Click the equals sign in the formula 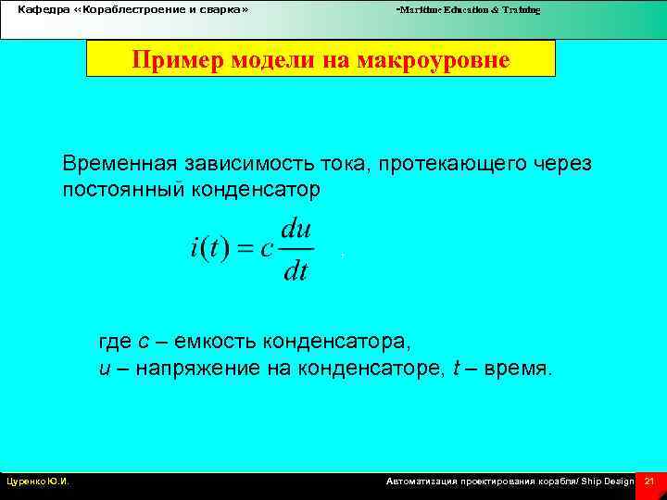pos(245,249)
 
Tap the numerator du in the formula pos(296,228)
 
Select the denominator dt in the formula pos(296,270)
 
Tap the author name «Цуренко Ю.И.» pos(38,481)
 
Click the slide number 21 pos(648,481)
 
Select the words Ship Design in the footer pos(607,481)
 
